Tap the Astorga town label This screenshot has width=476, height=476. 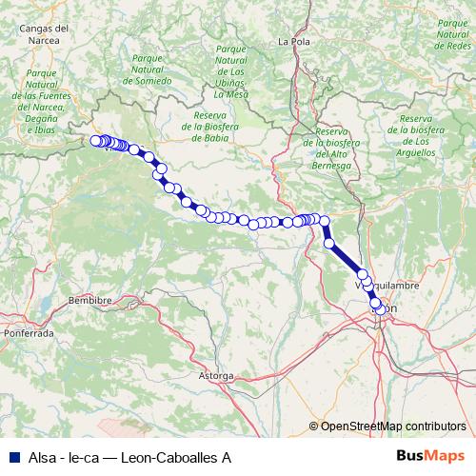[215, 376]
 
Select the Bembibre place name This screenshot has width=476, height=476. [90, 300]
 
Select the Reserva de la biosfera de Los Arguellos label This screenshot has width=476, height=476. [419, 134]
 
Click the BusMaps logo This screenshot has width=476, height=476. [430, 457]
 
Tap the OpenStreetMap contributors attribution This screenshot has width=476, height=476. [392, 426]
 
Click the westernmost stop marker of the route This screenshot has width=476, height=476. [95, 141]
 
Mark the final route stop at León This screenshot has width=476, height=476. [381, 308]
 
